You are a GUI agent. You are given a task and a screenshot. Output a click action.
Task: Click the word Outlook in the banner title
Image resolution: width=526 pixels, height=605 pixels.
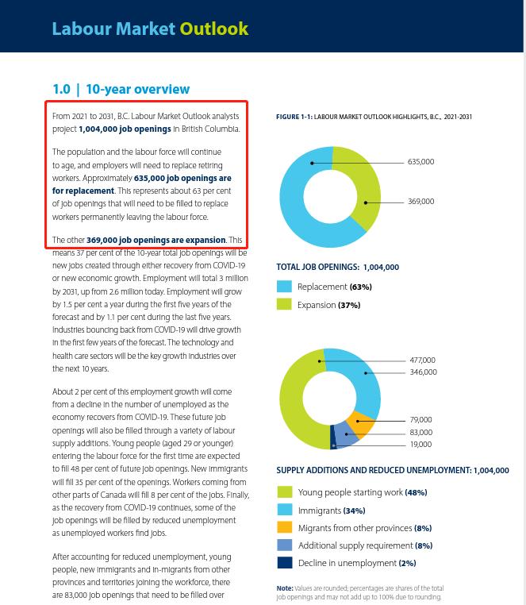(213, 29)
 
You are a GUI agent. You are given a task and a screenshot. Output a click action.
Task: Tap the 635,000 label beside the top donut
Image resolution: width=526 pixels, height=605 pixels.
(420, 162)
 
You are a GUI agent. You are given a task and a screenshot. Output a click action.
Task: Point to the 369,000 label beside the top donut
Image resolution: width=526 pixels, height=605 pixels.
(420, 202)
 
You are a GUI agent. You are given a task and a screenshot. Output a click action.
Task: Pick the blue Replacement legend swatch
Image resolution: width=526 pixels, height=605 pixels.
(284, 287)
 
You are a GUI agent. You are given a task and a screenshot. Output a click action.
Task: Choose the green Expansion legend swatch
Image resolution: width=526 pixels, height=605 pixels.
(284, 305)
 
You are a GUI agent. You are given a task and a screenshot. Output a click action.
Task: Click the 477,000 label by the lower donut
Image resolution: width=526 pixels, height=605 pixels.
(422, 360)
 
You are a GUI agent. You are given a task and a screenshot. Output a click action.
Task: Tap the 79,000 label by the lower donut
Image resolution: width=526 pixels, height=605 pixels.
(420, 420)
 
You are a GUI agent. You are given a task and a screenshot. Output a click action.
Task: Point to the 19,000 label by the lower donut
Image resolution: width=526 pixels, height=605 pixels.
(420, 445)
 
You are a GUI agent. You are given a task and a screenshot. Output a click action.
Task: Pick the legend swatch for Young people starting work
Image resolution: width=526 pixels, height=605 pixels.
(284, 493)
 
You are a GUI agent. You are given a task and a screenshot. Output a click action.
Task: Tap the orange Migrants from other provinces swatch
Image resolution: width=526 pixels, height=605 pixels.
(284, 528)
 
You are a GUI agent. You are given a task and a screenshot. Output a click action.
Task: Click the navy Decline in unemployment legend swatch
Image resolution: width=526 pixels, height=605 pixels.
(284, 563)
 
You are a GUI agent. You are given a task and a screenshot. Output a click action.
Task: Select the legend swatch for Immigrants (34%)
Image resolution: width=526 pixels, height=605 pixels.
(284, 511)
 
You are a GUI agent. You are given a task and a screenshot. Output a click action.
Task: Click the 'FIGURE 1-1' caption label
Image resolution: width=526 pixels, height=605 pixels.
(294, 118)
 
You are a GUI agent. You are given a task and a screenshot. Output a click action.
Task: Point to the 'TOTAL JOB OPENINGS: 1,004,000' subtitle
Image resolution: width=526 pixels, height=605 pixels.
(337, 268)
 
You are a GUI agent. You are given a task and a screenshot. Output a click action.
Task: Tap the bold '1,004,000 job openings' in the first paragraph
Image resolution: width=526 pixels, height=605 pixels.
(125, 129)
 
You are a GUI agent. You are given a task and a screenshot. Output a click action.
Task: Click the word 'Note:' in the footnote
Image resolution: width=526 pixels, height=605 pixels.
(285, 588)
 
